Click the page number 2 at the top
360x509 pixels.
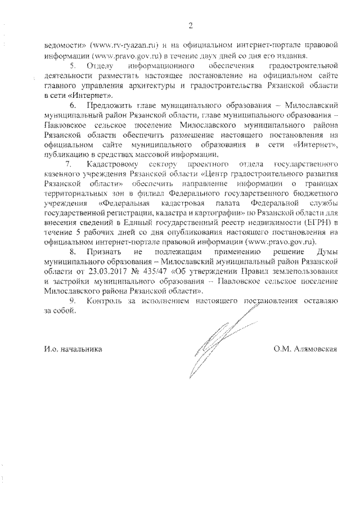(x=191, y=24)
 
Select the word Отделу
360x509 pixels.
(x=102, y=67)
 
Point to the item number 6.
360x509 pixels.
(x=73, y=105)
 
